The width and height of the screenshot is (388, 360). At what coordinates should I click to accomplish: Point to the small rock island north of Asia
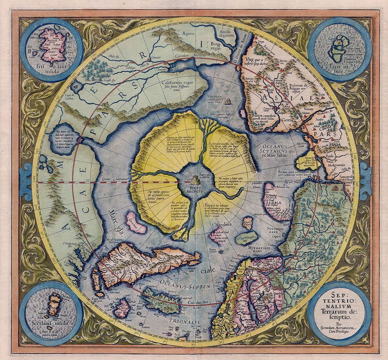(228, 101)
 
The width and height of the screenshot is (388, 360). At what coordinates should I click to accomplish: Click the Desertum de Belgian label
(300, 87)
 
